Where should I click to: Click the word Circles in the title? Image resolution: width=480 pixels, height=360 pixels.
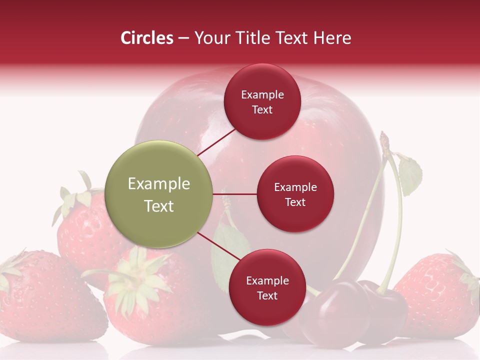tap(147, 38)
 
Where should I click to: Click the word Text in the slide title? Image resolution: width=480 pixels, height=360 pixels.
tap(294, 38)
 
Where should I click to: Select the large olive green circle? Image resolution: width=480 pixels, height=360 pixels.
tap(159, 194)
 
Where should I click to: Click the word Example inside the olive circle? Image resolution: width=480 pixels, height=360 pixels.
tap(159, 184)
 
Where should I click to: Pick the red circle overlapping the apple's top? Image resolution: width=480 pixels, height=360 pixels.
tap(262, 101)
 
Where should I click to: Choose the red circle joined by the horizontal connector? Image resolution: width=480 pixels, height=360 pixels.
tap(295, 194)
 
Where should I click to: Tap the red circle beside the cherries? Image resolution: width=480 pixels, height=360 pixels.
tap(267, 287)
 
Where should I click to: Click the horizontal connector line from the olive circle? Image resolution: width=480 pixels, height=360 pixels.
tap(235, 194)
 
